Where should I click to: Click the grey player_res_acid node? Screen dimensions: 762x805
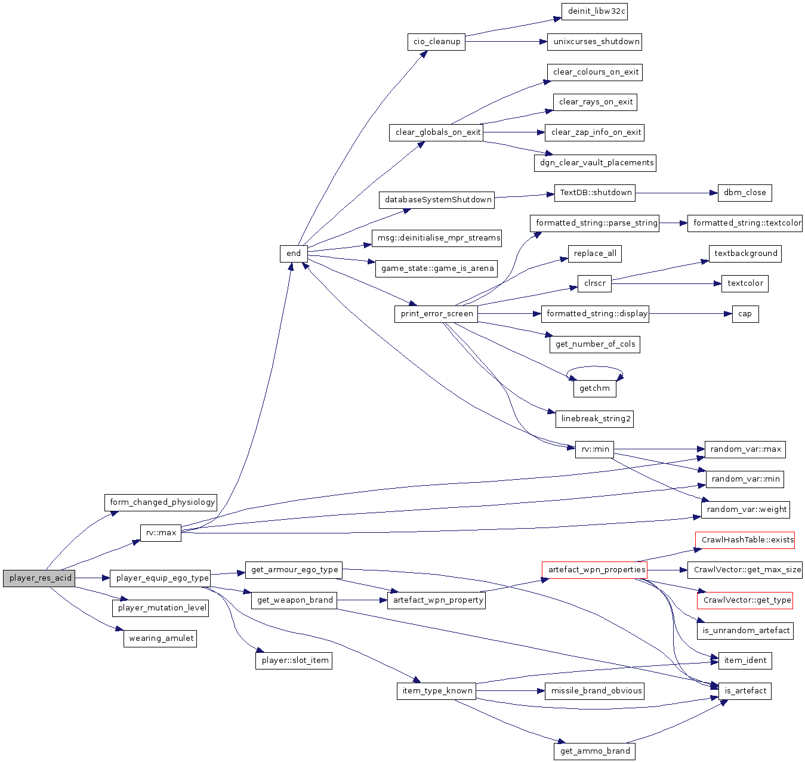tap(39, 578)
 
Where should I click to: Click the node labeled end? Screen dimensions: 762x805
tap(294, 253)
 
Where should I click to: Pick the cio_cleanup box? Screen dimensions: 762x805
tap(437, 42)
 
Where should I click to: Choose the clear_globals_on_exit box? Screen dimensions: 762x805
tap(437, 132)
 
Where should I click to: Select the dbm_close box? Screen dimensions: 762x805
tap(745, 193)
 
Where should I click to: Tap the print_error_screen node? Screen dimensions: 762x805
tap(436, 314)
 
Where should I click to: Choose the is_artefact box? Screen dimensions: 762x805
tap(745, 691)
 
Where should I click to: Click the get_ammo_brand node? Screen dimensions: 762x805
tap(595, 751)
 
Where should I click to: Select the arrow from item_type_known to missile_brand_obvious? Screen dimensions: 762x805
tap(510, 691)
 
